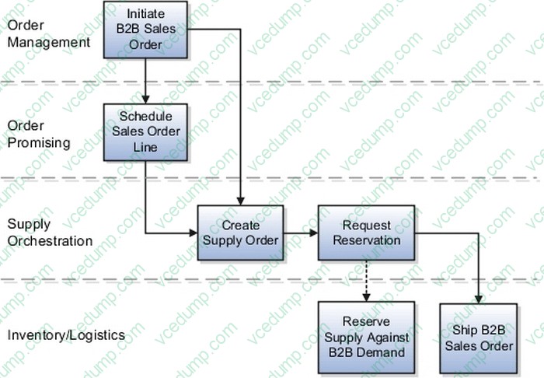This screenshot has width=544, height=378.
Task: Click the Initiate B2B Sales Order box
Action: (145, 30)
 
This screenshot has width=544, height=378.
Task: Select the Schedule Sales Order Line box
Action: (145, 131)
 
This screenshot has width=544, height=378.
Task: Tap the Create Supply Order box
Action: (240, 232)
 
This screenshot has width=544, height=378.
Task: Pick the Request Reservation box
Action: (366, 232)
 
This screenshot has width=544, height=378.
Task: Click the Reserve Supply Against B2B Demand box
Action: (366, 336)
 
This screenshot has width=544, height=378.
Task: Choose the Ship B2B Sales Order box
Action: (479, 336)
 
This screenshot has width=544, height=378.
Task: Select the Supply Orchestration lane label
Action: (50, 233)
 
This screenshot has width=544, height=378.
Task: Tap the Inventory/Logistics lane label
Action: (66, 335)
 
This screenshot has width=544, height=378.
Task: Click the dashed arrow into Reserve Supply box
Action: (366, 280)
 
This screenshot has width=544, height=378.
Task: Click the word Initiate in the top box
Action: (145, 14)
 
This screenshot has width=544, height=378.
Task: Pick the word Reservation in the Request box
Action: (366, 240)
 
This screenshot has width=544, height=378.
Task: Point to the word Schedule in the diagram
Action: (145, 116)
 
